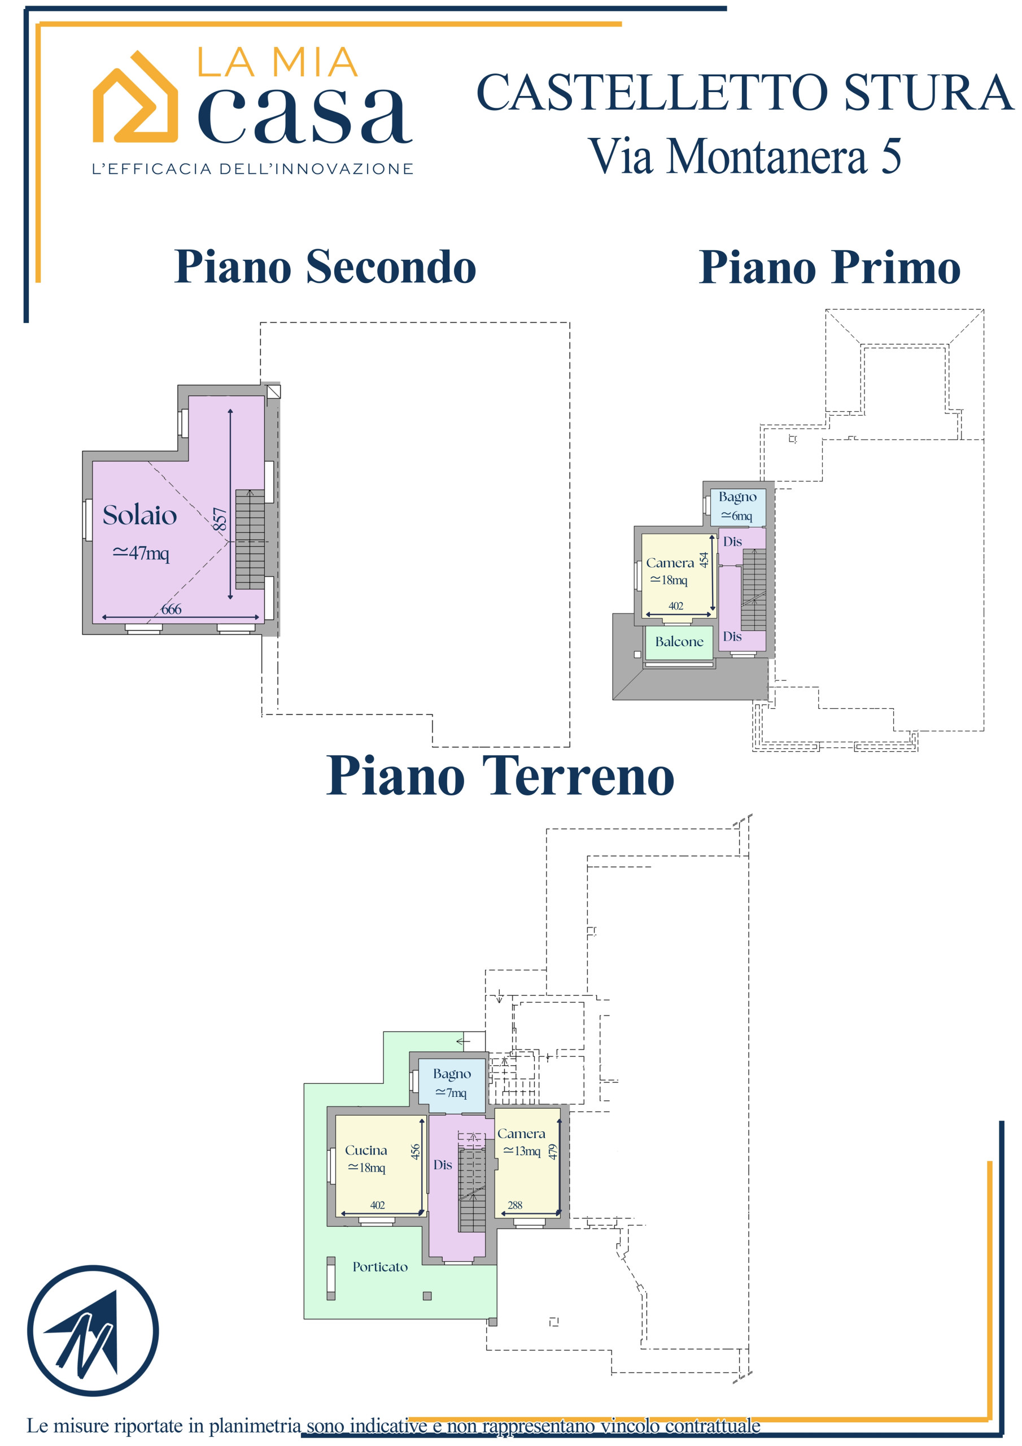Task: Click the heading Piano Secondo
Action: coord(325,267)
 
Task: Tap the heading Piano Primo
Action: coord(830,268)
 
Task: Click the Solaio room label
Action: coord(140,515)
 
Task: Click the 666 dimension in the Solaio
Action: coord(171,609)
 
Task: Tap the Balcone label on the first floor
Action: coord(679,642)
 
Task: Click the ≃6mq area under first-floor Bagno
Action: coord(737,516)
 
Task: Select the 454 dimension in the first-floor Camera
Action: coord(704,559)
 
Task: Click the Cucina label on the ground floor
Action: coord(366,1150)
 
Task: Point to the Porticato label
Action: coord(379,1266)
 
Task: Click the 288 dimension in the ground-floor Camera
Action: coord(514,1205)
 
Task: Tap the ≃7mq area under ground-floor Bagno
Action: coord(451,1092)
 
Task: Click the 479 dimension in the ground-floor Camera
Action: coord(553,1152)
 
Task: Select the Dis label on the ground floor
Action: coord(442,1165)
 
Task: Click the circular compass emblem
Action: coord(93,1331)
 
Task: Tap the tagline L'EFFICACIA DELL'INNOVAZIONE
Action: coord(252,169)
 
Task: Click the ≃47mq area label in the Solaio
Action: coord(141,553)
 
